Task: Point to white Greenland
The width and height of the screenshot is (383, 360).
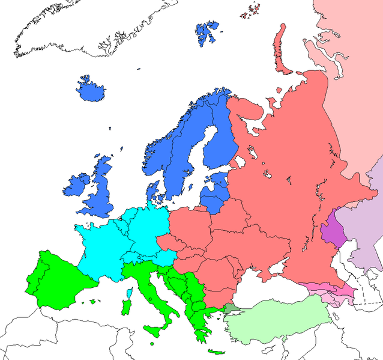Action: (90, 30)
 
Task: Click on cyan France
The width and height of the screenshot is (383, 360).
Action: (102, 246)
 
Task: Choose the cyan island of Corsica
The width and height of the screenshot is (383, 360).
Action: (129, 293)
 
